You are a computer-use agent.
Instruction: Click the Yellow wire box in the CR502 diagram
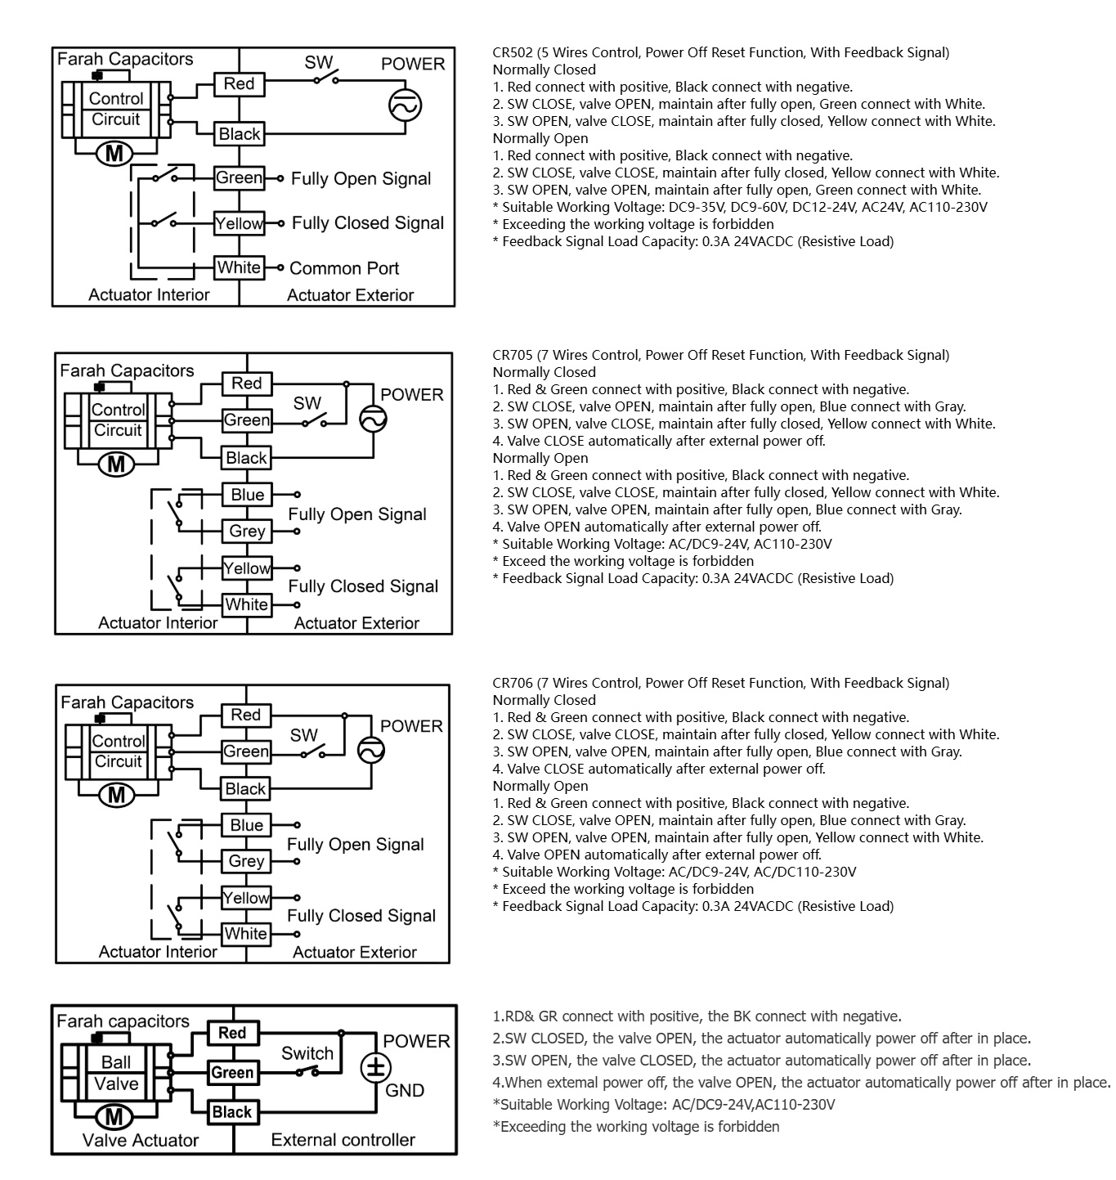pyautogui.click(x=240, y=223)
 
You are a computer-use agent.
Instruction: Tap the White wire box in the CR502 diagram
pyautogui.click(x=240, y=267)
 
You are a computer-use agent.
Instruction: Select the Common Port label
pyautogui.click(x=344, y=268)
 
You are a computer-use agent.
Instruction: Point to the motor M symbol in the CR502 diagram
pyautogui.click(x=115, y=153)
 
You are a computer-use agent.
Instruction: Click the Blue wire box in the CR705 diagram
pyautogui.click(x=247, y=495)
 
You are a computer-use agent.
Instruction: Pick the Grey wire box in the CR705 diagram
pyautogui.click(x=247, y=532)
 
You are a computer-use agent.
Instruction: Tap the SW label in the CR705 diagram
pyautogui.click(x=307, y=403)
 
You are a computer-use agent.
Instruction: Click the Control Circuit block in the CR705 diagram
pyautogui.click(x=118, y=420)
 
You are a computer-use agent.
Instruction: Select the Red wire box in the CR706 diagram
pyautogui.click(x=245, y=715)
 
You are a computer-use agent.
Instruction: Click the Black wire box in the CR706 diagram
pyautogui.click(x=245, y=789)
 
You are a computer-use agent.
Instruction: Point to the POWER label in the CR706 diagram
pyautogui.click(x=411, y=726)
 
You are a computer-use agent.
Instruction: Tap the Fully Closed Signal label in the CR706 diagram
pyautogui.click(x=361, y=916)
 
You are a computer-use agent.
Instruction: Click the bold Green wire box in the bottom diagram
pyautogui.click(x=232, y=1072)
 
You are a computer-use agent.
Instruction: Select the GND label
pyautogui.click(x=405, y=1091)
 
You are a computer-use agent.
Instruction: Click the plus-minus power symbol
pyautogui.click(x=376, y=1067)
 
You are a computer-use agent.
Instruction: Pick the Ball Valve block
pyautogui.click(x=115, y=1073)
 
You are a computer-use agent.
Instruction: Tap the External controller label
pyautogui.click(x=343, y=1140)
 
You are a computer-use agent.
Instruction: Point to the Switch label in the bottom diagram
pyautogui.click(x=307, y=1053)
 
